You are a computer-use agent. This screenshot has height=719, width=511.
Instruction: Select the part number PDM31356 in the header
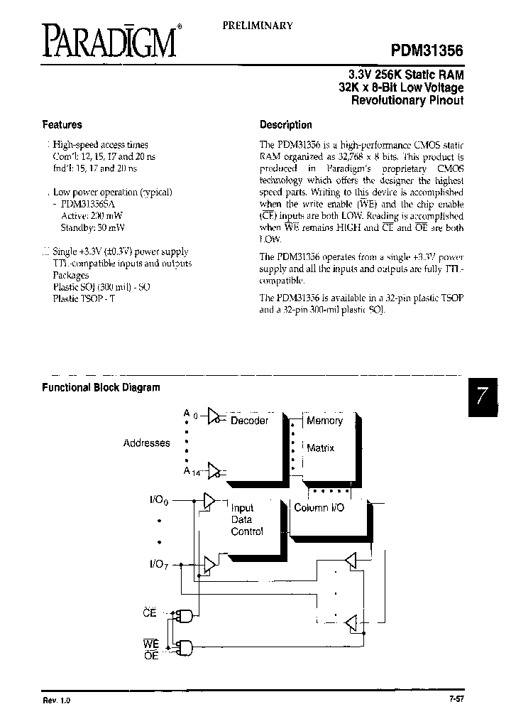pyautogui.click(x=427, y=50)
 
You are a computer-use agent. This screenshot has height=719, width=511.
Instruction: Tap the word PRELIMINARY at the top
pyautogui.click(x=258, y=25)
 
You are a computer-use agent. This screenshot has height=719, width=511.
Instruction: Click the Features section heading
pyautogui.click(x=62, y=125)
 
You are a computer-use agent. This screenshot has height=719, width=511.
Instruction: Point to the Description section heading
pyautogui.click(x=286, y=125)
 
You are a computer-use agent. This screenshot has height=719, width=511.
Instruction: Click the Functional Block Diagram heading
pyautogui.click(x=101, y=388)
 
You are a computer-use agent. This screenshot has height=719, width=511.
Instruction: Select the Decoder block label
pyautogui.click(x=249, y=421)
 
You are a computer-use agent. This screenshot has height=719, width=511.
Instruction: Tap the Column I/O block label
pyautogui.click(x=319, y=509)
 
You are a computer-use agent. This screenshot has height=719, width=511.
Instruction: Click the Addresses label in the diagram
pyautogui.click(x=146, y=443)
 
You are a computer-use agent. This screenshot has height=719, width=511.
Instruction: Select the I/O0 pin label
pyautogui.click(x=160, y=500)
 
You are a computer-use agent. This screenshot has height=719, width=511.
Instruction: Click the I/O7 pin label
pyautogui.click(x=160, y=564)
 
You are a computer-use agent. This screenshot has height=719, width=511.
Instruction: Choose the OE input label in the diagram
pyautogui.click(x=150, y=656)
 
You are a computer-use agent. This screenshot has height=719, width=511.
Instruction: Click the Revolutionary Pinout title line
pyautogui.click(x=407, y=101)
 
